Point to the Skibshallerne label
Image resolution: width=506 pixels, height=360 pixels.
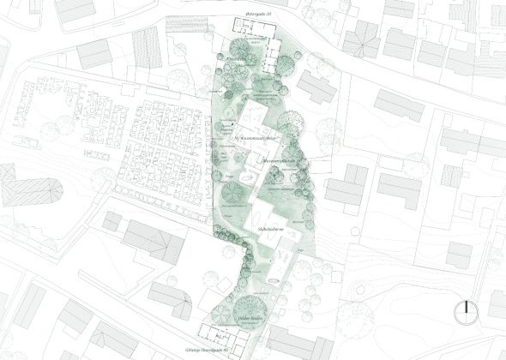[271, 231]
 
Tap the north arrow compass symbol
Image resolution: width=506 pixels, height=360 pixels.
[464, 310]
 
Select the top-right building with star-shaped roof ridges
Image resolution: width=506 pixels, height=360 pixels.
[365, 35]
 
